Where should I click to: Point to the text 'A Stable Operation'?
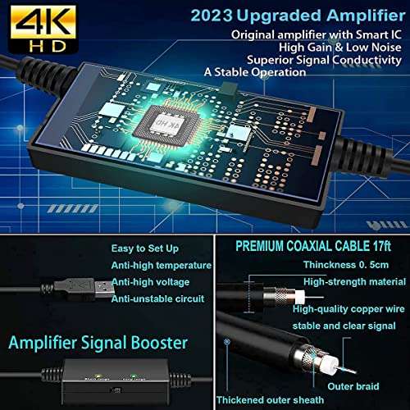coord(256,71)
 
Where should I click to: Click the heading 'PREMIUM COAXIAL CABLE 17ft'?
coord(314,245)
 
